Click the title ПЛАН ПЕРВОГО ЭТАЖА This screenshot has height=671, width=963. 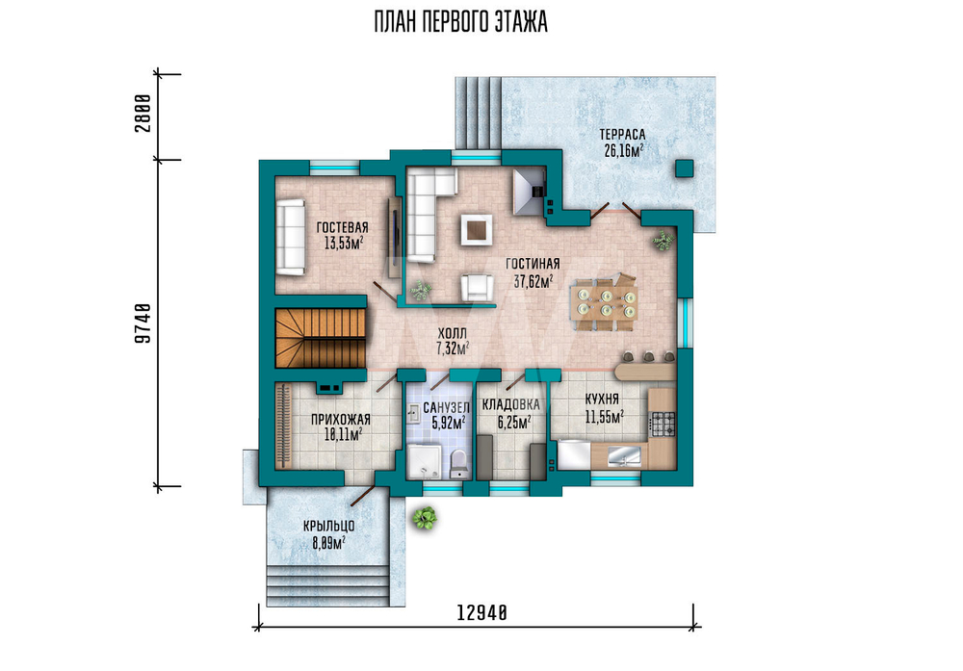(x=460, y=22)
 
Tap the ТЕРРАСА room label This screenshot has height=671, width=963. (x=622, y=135)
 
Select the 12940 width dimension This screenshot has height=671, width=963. (x=482, y=612)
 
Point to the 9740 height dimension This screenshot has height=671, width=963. (x=143, y=323)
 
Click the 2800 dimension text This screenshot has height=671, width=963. (x=143, y=113)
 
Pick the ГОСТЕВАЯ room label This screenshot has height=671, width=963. (x=342, y=228)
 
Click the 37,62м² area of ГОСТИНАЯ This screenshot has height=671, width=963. (x=534, y=280)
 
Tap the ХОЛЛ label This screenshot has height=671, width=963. (x=452, y=333)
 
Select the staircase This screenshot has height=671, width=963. (x=320, y=338)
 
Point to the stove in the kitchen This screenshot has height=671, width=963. (x=663, y=424)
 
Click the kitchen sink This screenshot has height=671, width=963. (x=624, y=456)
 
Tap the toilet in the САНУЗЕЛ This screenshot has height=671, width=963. (x=458, y=464)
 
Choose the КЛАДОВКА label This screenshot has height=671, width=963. (x=511, y=404)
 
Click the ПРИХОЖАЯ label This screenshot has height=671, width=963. (x=340, y=420)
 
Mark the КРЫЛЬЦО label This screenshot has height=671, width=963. (x=328, y=527)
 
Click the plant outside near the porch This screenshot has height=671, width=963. (x=425, y=518)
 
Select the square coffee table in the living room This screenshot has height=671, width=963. (x=476, y=229)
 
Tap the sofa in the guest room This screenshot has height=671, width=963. (x=291, y=237)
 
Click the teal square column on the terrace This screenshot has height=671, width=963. (x=684, y=168)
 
